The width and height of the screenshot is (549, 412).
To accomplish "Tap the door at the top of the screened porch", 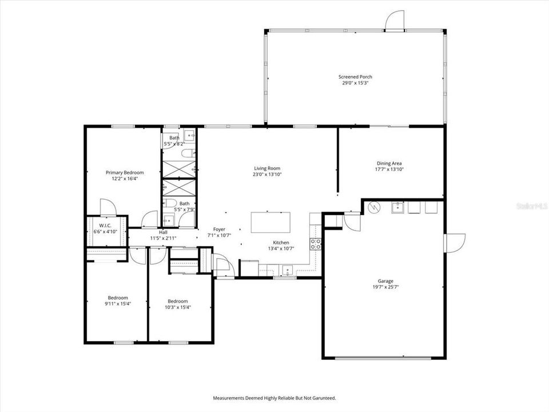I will [x=395, y=22].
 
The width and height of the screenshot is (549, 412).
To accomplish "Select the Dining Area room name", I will [x=388, y=163].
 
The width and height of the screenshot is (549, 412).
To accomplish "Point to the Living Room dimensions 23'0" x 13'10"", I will [x=268, y=175].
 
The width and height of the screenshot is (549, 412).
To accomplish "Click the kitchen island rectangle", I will [x=270, y=221].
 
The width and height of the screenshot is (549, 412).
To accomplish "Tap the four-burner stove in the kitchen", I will [x=315, y=244].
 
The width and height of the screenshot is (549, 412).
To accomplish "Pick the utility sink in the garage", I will [x=398, y=207].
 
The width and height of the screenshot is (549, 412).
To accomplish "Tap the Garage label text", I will [x=385, y=281].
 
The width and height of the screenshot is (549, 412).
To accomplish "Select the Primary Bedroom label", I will [x=124, y=172].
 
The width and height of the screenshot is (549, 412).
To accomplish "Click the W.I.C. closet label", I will [x=105, y=225].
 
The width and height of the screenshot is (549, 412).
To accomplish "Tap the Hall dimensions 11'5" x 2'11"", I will [x=163, y=238].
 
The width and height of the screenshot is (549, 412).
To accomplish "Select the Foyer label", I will [x=219, y=229].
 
